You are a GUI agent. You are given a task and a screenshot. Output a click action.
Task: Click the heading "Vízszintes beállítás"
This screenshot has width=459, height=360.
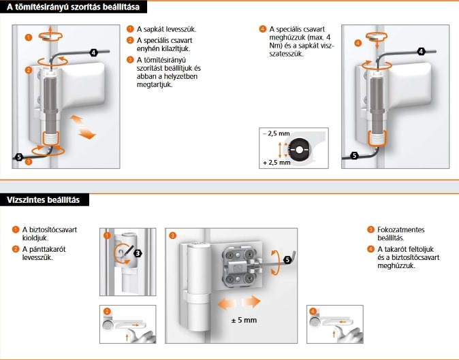(44, 199)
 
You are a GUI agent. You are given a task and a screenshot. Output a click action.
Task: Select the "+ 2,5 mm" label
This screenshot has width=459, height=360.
(276, 163)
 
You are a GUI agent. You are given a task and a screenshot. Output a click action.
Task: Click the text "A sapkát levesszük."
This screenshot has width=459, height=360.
(167, 30)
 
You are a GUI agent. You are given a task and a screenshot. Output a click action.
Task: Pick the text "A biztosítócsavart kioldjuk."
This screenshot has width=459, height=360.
(50, 233)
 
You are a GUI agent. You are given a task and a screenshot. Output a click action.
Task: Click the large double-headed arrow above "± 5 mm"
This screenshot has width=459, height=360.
(238, 301)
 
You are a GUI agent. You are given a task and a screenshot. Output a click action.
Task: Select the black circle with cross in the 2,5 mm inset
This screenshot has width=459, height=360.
(299, 148)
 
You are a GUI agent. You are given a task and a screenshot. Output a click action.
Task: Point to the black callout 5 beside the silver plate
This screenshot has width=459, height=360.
(287, 259)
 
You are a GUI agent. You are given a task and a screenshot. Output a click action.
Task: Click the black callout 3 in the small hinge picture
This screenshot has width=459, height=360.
(138, 253)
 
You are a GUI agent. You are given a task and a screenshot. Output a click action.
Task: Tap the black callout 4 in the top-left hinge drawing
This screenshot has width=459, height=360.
(93, 52)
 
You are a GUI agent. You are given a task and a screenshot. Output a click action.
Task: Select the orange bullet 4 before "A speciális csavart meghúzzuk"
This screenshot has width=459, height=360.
(263, 29)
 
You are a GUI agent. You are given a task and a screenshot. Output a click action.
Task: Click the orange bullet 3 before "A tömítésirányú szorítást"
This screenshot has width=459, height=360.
(131, 59)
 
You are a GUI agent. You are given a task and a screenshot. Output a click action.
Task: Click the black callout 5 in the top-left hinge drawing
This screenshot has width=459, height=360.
(19, 157)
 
